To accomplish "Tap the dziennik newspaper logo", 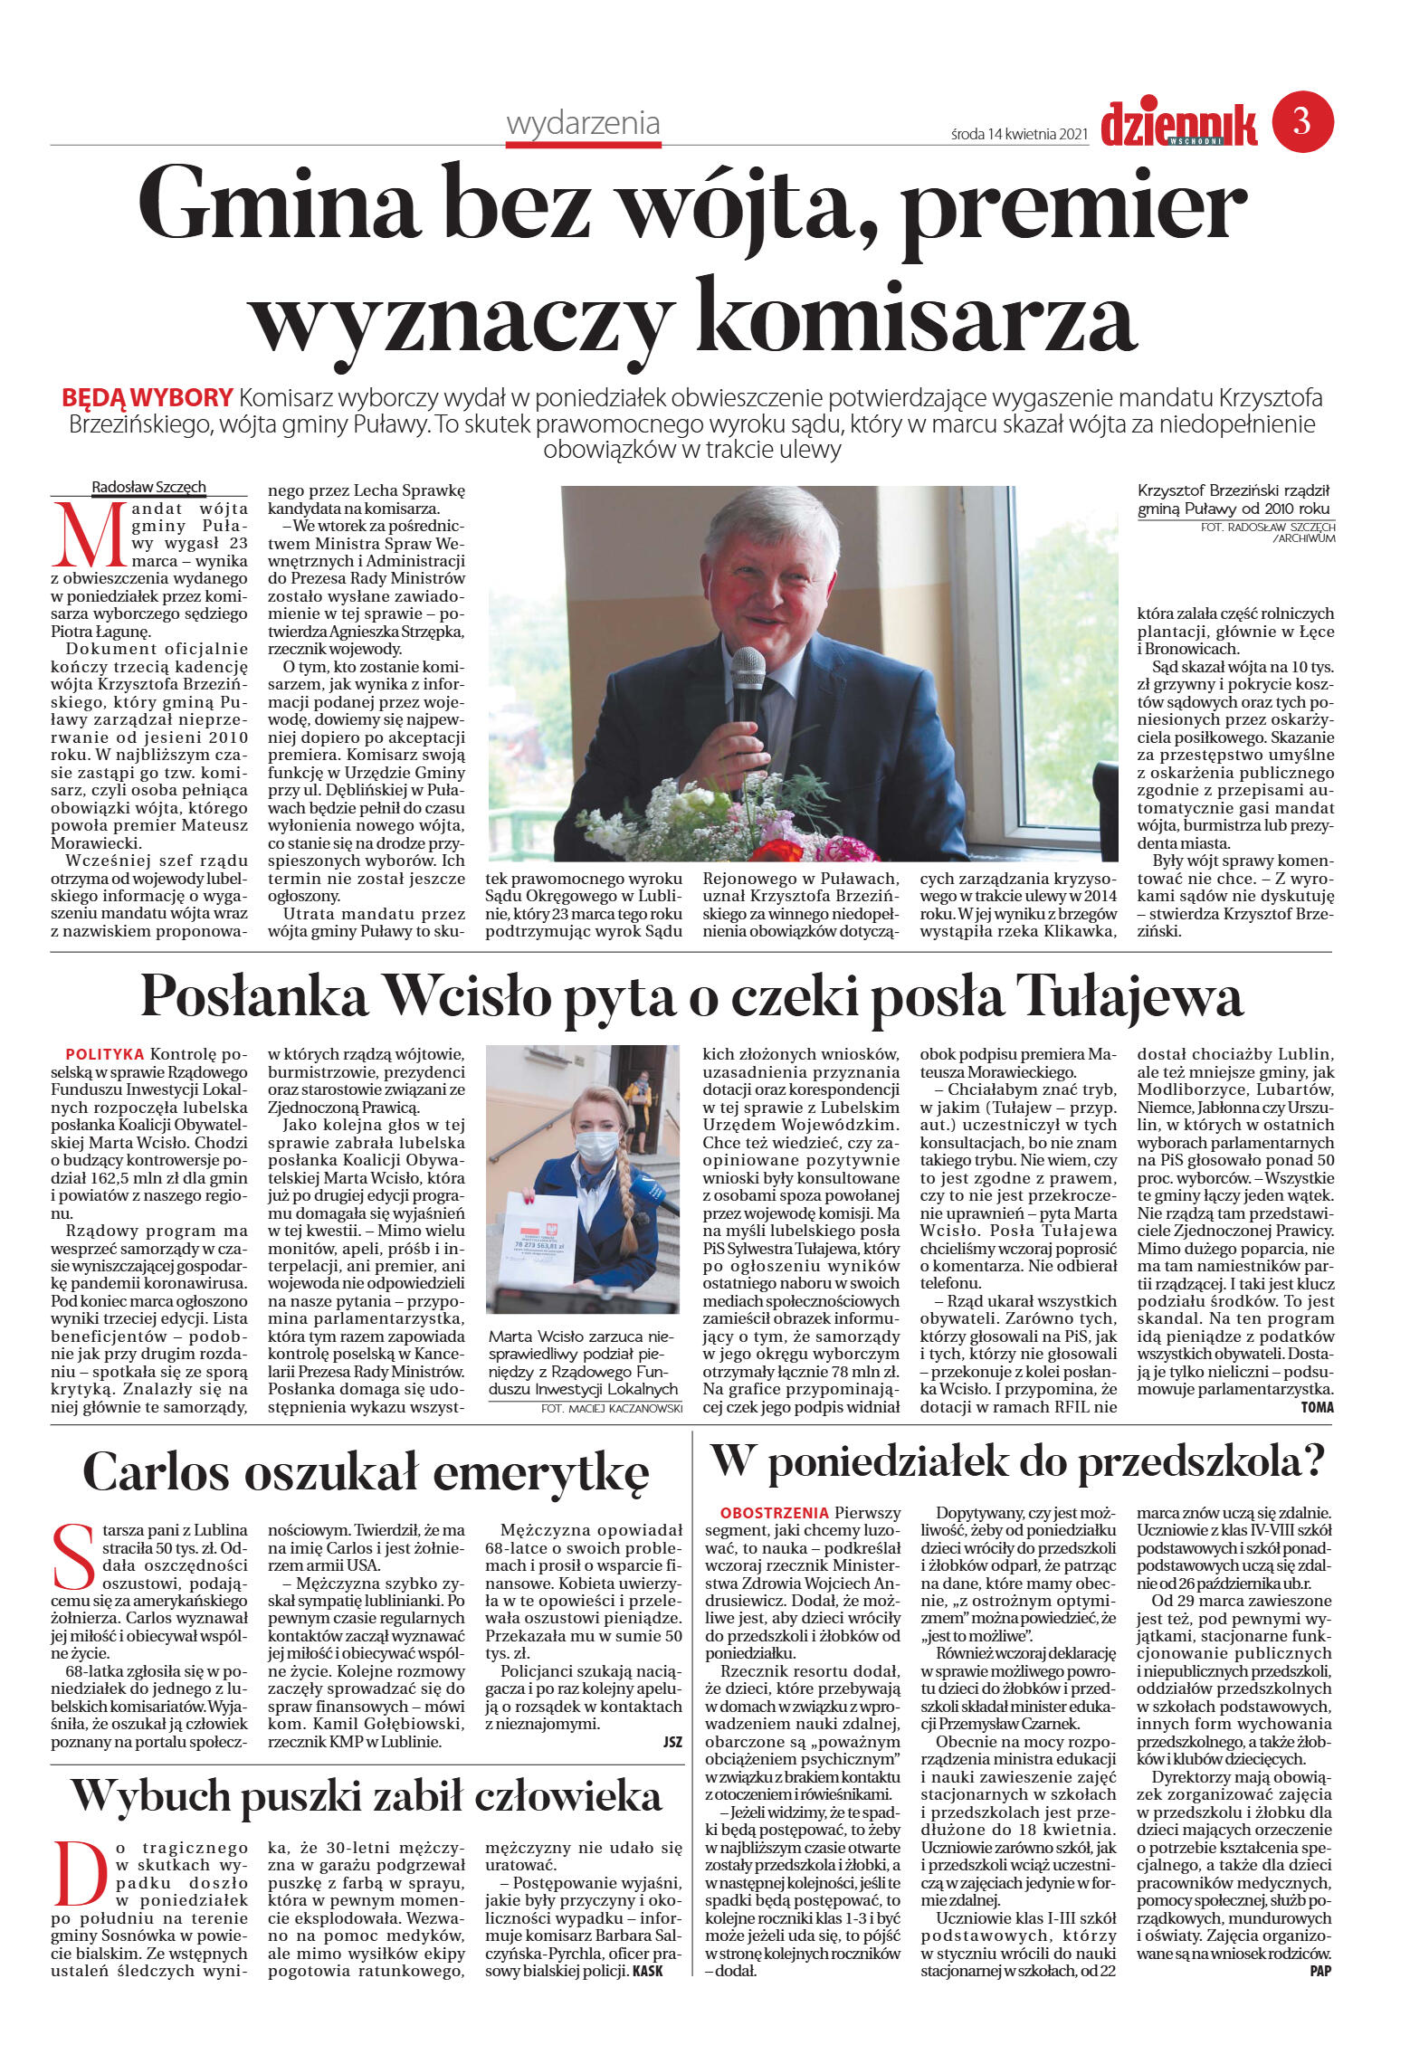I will point(1178,124).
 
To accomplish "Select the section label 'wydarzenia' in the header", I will point(583,124).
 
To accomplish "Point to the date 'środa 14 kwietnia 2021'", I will point(1018,135).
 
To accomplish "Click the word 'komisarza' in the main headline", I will point(914,316).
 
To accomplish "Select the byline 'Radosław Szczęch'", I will point(148,487).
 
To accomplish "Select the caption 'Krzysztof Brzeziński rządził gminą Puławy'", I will point(1233,499).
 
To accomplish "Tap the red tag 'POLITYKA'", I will point(105,1054).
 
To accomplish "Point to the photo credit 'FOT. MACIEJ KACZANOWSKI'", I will point(611,1409).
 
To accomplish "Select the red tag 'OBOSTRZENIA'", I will point(774,1512).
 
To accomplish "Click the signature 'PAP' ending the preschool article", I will point(1319,1972).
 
